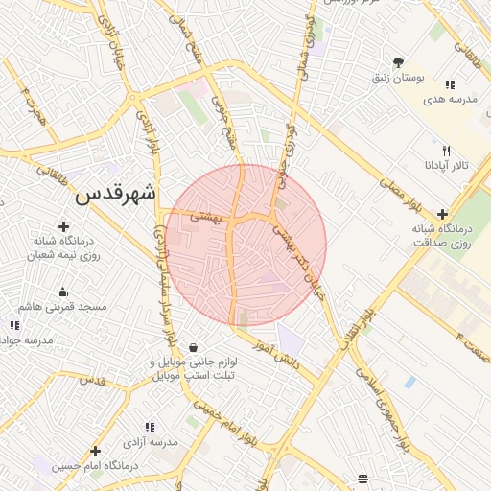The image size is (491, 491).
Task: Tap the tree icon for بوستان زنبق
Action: click(398, 62)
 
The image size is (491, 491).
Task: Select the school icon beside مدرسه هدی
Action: click(450, 85)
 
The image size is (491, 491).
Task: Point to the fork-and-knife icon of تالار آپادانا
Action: click(445, 151)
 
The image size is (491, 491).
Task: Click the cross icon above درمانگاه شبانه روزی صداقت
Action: click(441, 214)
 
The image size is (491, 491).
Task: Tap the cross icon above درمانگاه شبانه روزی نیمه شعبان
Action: click(63, 226)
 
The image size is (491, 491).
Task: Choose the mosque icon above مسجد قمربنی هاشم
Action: click(63, 292)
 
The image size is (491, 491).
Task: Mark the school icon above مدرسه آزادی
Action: click(150, 426)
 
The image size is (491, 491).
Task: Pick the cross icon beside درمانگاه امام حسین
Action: click(95, 451)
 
